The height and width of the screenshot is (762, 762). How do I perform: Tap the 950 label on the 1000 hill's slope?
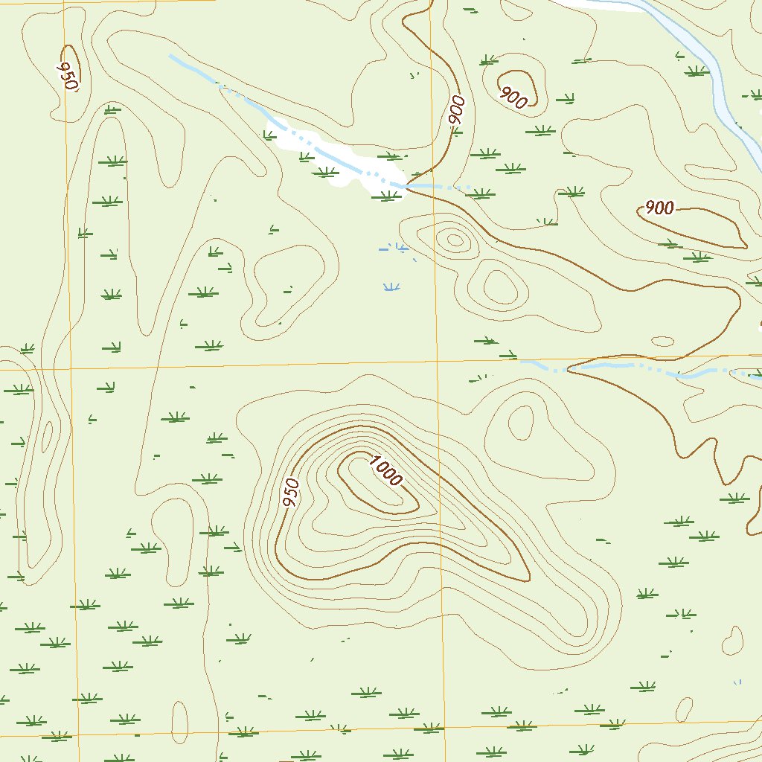coord(291,493)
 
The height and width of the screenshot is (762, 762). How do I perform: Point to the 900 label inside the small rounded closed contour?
coord(513,96)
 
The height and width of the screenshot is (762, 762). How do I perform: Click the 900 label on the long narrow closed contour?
coord(659,208)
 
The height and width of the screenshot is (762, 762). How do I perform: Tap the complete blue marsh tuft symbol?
coord(389,286)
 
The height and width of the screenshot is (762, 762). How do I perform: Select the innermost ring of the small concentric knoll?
coord(453,240)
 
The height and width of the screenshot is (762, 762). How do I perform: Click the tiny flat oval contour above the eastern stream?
coord(662,342)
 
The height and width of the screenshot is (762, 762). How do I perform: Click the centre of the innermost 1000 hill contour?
coord(376,487)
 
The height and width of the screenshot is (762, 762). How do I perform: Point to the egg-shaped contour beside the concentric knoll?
coord(499,286)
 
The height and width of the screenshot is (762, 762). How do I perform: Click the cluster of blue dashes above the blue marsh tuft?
coord(394,249)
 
